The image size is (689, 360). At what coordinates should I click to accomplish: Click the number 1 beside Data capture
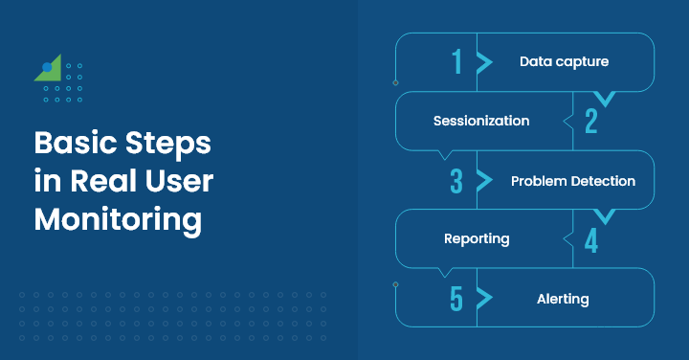coord(456,62)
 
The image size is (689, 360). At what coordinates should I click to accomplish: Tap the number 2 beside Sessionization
coord(590,122)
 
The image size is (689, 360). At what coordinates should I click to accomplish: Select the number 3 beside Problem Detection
coord(456,181)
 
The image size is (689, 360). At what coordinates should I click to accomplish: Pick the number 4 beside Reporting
coord(590,239)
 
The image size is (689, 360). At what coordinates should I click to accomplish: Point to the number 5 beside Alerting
coord(456,299)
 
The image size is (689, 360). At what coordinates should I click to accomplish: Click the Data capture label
coord(564,62)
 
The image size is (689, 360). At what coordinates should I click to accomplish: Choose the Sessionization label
coord(480,122)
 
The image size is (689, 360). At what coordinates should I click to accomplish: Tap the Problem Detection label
coord(572,181)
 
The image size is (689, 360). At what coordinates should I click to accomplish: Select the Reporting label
coord(477,239)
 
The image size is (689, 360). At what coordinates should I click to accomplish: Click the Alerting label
coord(563,299)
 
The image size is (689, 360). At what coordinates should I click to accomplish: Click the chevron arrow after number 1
coord(484,62)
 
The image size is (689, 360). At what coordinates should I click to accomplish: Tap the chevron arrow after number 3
coord(484,181)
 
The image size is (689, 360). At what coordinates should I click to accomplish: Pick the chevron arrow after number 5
coord(484,299)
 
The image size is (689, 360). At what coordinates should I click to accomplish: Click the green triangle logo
coord(52,69)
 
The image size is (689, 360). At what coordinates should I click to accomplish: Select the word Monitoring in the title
coord(118,219)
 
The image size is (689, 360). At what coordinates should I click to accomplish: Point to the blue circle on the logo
coord(47,68)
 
